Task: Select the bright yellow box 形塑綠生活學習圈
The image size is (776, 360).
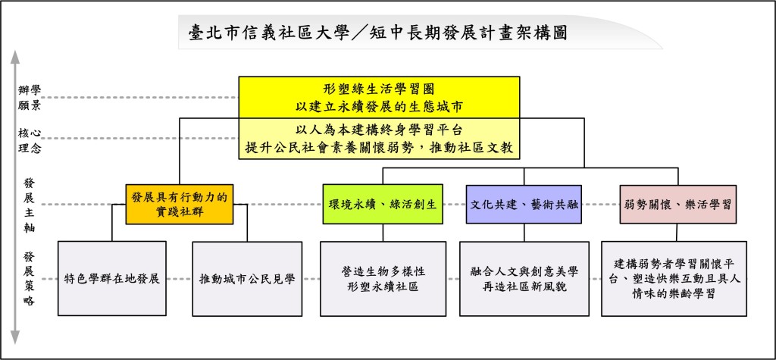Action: [x=379, y=97]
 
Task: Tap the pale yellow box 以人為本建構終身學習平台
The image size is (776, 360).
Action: [x=379, y=139]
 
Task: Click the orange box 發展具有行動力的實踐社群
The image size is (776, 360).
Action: [x=179, y=204]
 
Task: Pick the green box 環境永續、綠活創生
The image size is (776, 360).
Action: [x=383, y=204]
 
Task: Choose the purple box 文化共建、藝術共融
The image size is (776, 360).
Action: [x=524, y=204]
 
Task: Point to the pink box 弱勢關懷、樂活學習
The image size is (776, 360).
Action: [x=678, y=204]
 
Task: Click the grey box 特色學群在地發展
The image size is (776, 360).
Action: [x=112, y=278]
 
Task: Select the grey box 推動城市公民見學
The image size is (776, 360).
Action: [x=247, y=279]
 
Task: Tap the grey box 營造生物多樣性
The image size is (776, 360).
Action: [x=383, y=279]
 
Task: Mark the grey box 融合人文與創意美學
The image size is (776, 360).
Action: [x=524, y=279]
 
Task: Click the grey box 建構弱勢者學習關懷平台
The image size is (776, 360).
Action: [x=674, y=279]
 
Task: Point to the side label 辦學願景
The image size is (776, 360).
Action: [x=30, y=97]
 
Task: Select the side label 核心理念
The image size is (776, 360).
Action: [x=30, y=140]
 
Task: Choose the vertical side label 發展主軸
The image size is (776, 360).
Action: [x=30, y=205]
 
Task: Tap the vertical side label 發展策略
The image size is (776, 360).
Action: [x=30, y=278]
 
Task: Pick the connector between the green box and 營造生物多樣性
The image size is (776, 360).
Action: [x=383, y=233]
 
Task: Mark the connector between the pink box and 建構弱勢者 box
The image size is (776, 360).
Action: [x=678, y=233]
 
